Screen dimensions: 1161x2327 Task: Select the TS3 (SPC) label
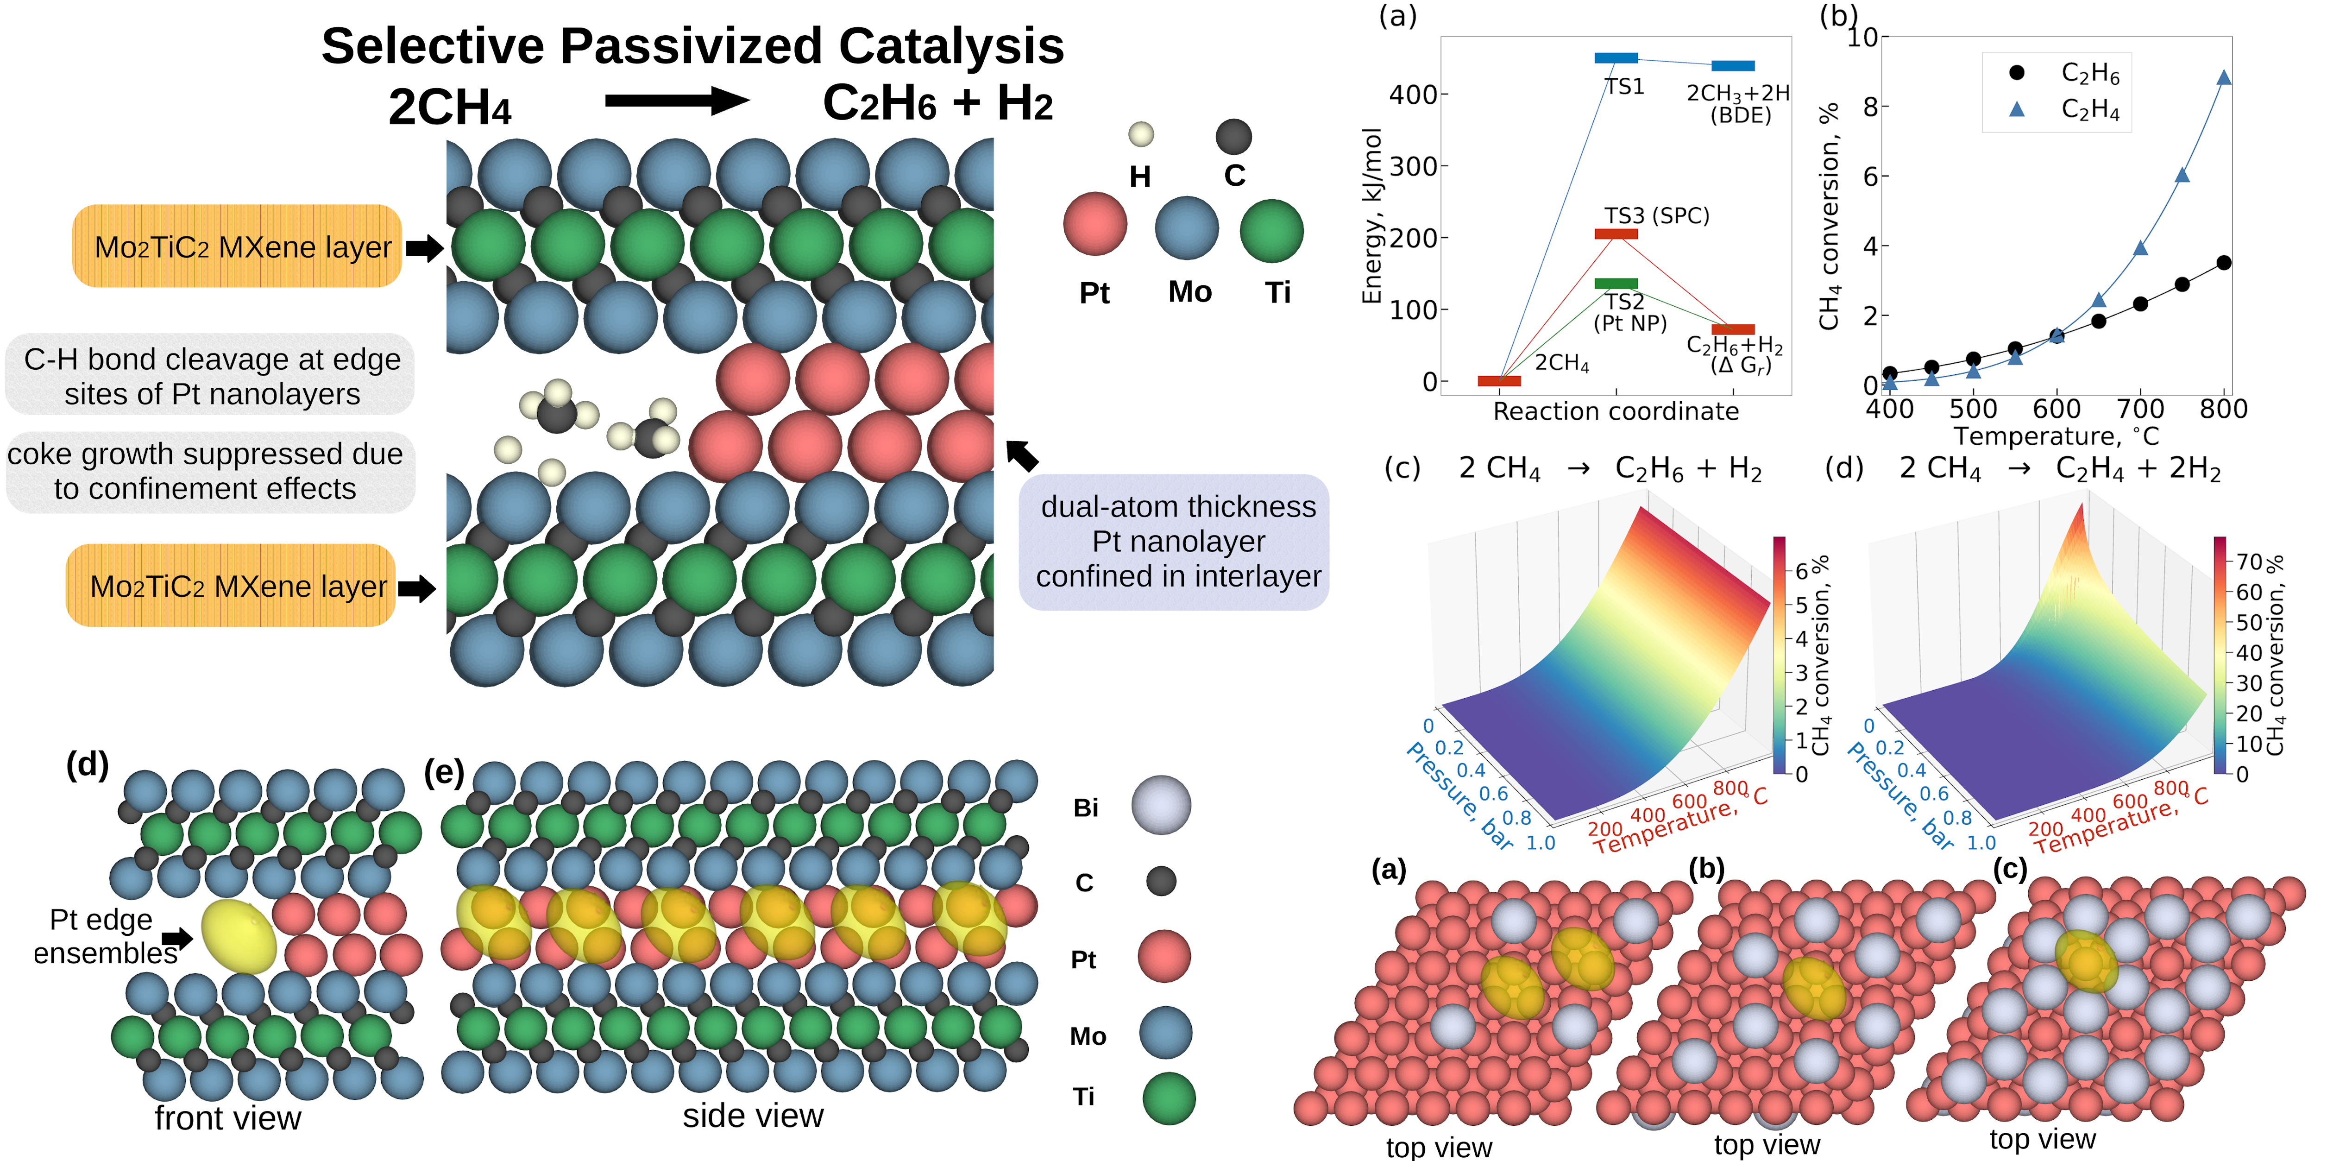pos(1657,216)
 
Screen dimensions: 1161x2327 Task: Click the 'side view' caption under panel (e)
pos(753,1116)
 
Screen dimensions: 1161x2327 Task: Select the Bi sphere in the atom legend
pos(1161,805)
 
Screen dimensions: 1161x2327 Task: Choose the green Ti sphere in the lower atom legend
pos(1168,1098)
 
